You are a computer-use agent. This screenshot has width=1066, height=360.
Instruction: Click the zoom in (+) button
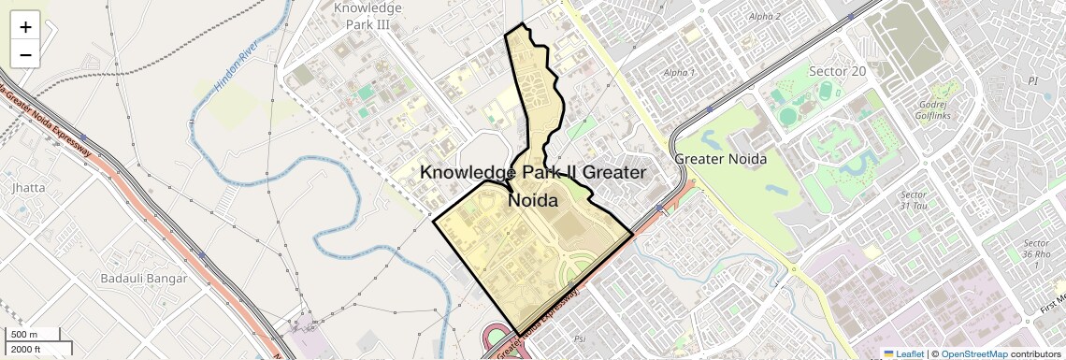click(x=25, y=26)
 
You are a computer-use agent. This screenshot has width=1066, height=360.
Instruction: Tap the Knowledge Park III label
click(x=367, y=16)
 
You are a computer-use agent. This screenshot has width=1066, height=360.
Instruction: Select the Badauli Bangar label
click(x=144, y=278)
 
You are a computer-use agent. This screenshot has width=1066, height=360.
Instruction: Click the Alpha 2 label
click(x=765, y=17)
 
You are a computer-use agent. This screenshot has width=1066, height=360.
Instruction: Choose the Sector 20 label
click(x=837, y=72)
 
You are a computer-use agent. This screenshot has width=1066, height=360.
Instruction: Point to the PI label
click(x=1033, y=81)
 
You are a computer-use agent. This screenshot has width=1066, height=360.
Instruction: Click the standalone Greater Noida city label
click(x=720, y=159)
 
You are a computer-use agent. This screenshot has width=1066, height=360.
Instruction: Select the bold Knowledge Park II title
click(x=533, y=186)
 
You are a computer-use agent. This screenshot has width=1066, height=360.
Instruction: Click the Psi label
click(x=580, y=338)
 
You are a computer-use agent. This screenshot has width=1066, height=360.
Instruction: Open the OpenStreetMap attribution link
click(x=973, y=353)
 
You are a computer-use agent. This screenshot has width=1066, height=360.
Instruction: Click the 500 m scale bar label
click(x=25, y=335)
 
